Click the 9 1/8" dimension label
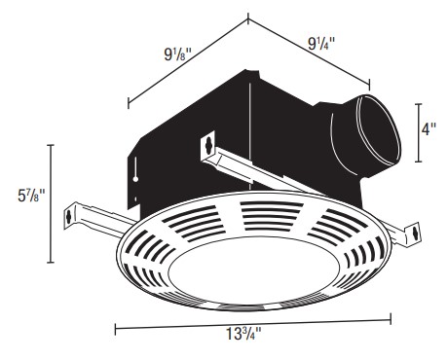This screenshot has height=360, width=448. click(178, 54)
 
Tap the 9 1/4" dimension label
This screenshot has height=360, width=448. click(321, 43)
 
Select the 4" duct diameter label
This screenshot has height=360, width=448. click(429, 129)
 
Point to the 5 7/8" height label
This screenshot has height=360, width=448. click(31, 196)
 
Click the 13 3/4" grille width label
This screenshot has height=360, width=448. click(243, 334)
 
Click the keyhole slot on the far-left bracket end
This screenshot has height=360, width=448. click(68, 217)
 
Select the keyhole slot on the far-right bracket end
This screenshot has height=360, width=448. click(414, 233)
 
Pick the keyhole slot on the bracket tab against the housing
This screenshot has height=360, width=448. click(208, 144)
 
